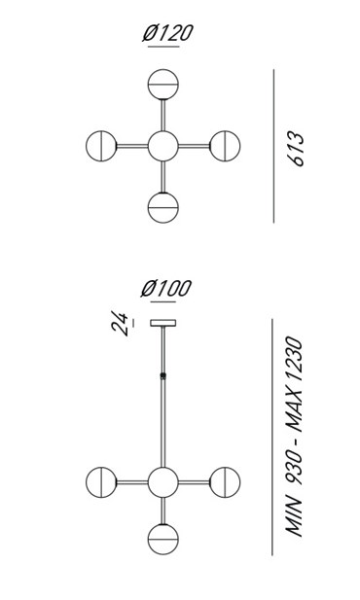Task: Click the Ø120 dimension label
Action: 167,33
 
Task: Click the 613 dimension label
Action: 296,149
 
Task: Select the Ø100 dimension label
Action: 165,288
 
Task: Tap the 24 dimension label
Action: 120,324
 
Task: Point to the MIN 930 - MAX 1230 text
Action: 294,437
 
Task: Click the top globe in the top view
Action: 163,85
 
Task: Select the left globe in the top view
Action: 101,146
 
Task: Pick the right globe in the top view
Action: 225,146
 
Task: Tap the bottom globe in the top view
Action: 163,207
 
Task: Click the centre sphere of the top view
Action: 163,146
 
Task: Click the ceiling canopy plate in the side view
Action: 163,323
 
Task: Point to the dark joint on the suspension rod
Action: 163,376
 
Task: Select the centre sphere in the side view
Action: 163,482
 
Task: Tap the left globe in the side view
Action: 101,482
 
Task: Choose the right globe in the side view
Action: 225,482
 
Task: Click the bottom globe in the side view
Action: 163,539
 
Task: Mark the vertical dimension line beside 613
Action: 273,146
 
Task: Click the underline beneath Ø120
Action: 163,47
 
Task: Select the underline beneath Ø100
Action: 163,302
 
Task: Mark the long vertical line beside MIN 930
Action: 272,437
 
